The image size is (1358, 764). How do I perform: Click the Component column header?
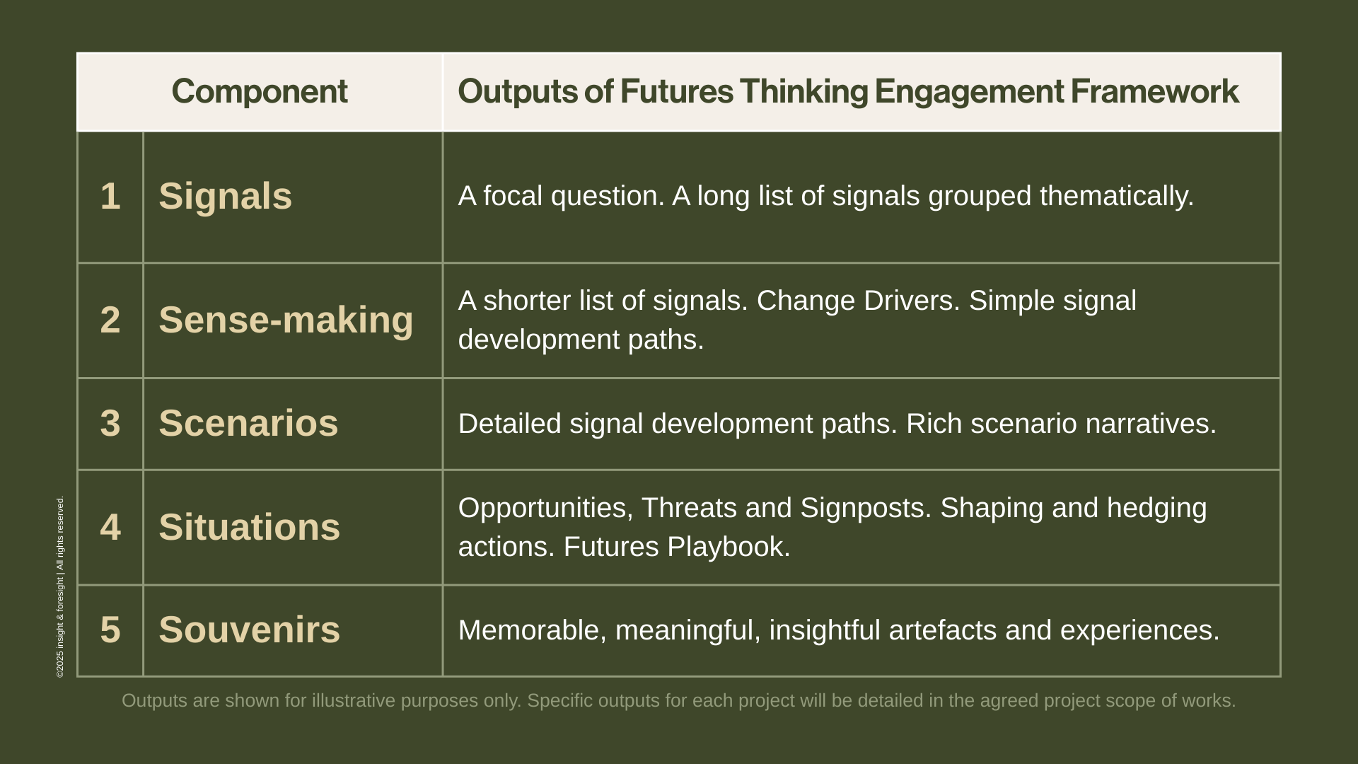tap(259, 92)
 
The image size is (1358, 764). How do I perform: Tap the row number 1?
tap(110, 196)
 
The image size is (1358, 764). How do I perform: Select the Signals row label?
tap(225, 196)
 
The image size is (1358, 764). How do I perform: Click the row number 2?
tap(110, 320)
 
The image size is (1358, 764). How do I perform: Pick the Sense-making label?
tap(286, 320)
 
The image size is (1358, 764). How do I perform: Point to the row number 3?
tap(110, 423)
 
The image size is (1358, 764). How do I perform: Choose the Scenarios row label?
tap(248, 423)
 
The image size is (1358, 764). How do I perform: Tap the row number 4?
tap(110, 527)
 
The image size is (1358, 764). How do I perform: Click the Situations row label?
tap(249, 527)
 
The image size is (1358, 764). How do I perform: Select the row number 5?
tap(110, 630)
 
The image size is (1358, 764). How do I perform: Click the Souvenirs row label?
tap(249, 630)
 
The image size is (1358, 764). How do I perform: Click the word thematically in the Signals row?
tap(1116, 196)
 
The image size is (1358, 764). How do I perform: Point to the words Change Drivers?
tap(858, 301)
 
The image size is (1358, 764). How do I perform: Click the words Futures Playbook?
tap(676, 547)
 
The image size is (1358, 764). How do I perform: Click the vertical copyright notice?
tap(60, 587)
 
